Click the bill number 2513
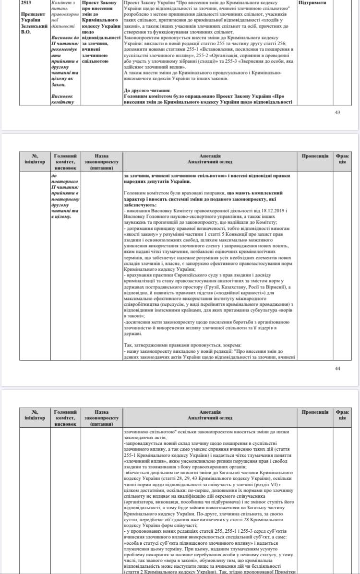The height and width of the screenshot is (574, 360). click(x=27, y=3)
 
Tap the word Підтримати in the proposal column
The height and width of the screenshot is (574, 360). click(x=313, y=3)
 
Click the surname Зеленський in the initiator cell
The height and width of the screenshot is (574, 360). click(x=34, y=26)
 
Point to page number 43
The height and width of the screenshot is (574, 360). click(x=337, y=112)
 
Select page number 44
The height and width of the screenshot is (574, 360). click(x=337, y=368)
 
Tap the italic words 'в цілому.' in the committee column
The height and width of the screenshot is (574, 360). click(x=61, y=216)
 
